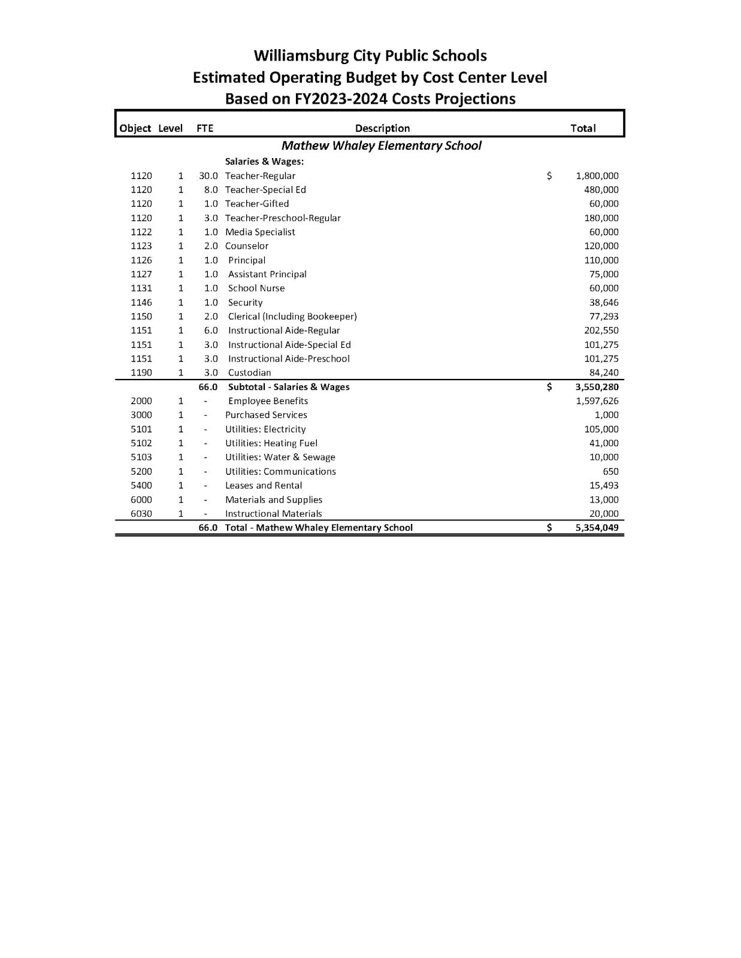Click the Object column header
pos(135,128)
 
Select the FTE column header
pos(205,128)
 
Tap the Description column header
pos(382,128)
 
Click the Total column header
pos(583,128)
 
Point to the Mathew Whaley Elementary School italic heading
pos(381,145)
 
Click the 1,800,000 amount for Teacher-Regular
pos(597,176)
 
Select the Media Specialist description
pos(260,232)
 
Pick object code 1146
pos(141,303)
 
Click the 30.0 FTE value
pos(208,176)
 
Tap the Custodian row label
pos(249,373)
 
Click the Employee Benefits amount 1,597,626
pos(597,401)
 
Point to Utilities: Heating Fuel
pos(271,444)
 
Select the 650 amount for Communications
pos(610,472)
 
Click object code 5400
pos(141,486)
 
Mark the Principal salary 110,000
pos(601,260)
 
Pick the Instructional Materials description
pos(273,514)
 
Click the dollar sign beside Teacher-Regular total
pos(549,176)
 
